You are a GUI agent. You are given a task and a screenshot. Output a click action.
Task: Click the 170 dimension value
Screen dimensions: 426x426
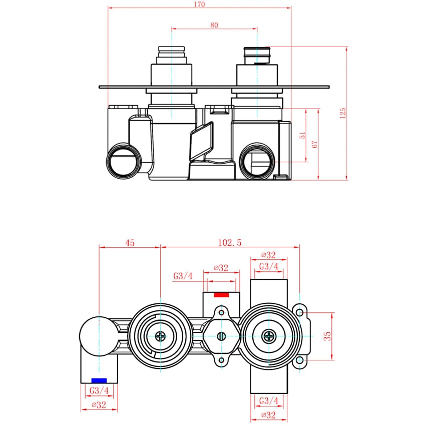click(199, 5)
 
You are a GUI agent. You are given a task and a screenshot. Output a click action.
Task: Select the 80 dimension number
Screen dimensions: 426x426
click(214, 25)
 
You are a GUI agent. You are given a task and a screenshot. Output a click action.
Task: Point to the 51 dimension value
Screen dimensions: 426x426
click(302, 135)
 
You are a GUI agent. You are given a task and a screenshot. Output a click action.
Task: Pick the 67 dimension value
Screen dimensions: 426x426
click(315, 144)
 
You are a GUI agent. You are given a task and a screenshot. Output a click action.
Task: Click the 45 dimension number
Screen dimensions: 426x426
click(130, 243)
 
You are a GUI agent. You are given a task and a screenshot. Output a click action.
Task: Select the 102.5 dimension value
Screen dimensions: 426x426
click(230, 243)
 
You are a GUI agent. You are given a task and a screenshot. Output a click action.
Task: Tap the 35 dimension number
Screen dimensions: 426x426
click(328, 336)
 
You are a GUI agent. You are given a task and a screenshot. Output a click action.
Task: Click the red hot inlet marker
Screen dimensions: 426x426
click(221, 294)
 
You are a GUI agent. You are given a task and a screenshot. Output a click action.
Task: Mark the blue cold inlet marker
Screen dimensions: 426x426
click(99, 380)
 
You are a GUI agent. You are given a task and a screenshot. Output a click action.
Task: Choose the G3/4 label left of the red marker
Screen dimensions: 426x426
click(183, 276)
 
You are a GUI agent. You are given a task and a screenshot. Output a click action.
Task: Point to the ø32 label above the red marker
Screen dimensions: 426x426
click(221, 268)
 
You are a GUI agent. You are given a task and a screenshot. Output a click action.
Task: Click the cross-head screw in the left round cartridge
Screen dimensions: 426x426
click(160, 336)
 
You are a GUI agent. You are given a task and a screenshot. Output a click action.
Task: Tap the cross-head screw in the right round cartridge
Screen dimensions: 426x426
click(269, 336)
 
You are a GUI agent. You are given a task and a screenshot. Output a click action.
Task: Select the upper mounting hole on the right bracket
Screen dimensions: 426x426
click(299, 312)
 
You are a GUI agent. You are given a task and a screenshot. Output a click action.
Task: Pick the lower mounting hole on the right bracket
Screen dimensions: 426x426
click(299, 360)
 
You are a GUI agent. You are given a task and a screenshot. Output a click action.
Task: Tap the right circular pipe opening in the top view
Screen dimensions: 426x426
click(256, 161)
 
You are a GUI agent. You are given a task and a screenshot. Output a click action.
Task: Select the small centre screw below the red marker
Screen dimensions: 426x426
click(221, 336)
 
